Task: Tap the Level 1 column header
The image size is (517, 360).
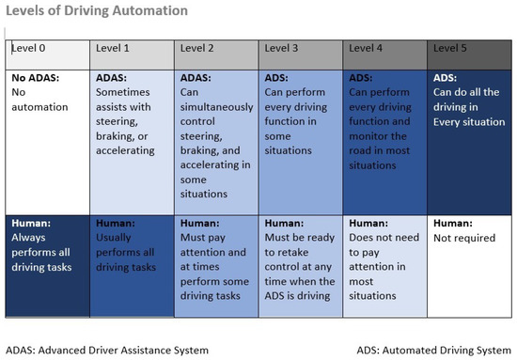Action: (x=132, y=53)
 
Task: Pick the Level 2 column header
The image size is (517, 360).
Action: (x=216, y=53)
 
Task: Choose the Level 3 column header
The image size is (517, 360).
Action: (x=301, y=53)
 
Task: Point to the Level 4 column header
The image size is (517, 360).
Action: (x=385, y=53)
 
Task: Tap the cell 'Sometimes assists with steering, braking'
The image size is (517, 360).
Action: (x=132, y=141)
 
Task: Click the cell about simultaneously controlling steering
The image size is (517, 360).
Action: (x=216, y=141)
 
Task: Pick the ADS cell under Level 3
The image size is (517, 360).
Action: (x=301, y=141)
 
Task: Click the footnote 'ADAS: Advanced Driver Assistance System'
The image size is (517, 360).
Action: (x=107, y=350)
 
